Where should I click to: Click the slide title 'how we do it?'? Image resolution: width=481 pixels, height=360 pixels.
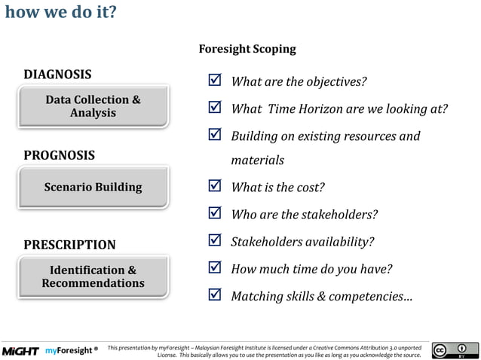(60, 13)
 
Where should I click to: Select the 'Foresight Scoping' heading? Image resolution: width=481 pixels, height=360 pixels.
(247, 49)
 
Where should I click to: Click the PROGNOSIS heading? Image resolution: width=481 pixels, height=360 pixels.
(59, 155)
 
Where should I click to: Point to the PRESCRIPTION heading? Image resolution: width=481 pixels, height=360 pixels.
(69, 245)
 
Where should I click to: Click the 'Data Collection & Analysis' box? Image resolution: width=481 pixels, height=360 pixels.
(93, 106)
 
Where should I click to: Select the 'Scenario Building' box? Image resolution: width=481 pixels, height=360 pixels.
(93, 187)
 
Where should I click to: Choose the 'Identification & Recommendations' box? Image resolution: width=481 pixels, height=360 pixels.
(93, 276)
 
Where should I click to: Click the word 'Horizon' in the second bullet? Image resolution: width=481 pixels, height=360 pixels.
(316, 109)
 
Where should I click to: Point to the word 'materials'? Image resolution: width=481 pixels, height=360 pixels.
(257, 160)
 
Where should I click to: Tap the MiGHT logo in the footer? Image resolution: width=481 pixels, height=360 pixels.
(20, 351)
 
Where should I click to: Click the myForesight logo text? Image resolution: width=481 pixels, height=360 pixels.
(70, 351)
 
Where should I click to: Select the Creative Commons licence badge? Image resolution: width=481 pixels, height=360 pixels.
(455, 350)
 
